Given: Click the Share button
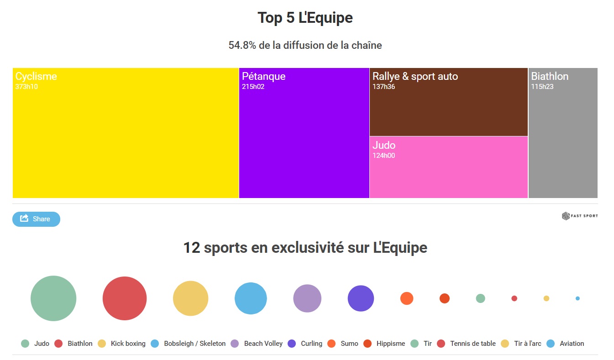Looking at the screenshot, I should coord(36,219).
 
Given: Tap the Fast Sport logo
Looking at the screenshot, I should coord(579,216).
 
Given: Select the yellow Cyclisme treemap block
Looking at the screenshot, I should coord(126,137).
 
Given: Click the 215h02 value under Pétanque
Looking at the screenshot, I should coord(253,87).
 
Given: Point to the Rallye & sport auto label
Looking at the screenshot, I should coord(415,76).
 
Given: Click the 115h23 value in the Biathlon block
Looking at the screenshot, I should coord(542,87).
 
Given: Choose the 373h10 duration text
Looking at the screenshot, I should coord(26,87).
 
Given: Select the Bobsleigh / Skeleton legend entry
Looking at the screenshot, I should coord(189,344).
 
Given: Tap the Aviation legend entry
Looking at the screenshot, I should coord(566,344).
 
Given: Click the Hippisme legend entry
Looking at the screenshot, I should coord(384,344).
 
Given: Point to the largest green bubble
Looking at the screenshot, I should coord(53,298).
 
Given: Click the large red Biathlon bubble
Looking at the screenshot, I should coord(125,298).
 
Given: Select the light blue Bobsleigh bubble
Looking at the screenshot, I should coord(251,298).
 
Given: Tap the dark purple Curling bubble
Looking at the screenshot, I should coord(361,298).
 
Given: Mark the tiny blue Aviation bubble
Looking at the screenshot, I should coord(577,298).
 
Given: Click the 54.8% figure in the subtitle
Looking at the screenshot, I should coord(242,45).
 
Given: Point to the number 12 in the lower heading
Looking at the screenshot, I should coord(191,248).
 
